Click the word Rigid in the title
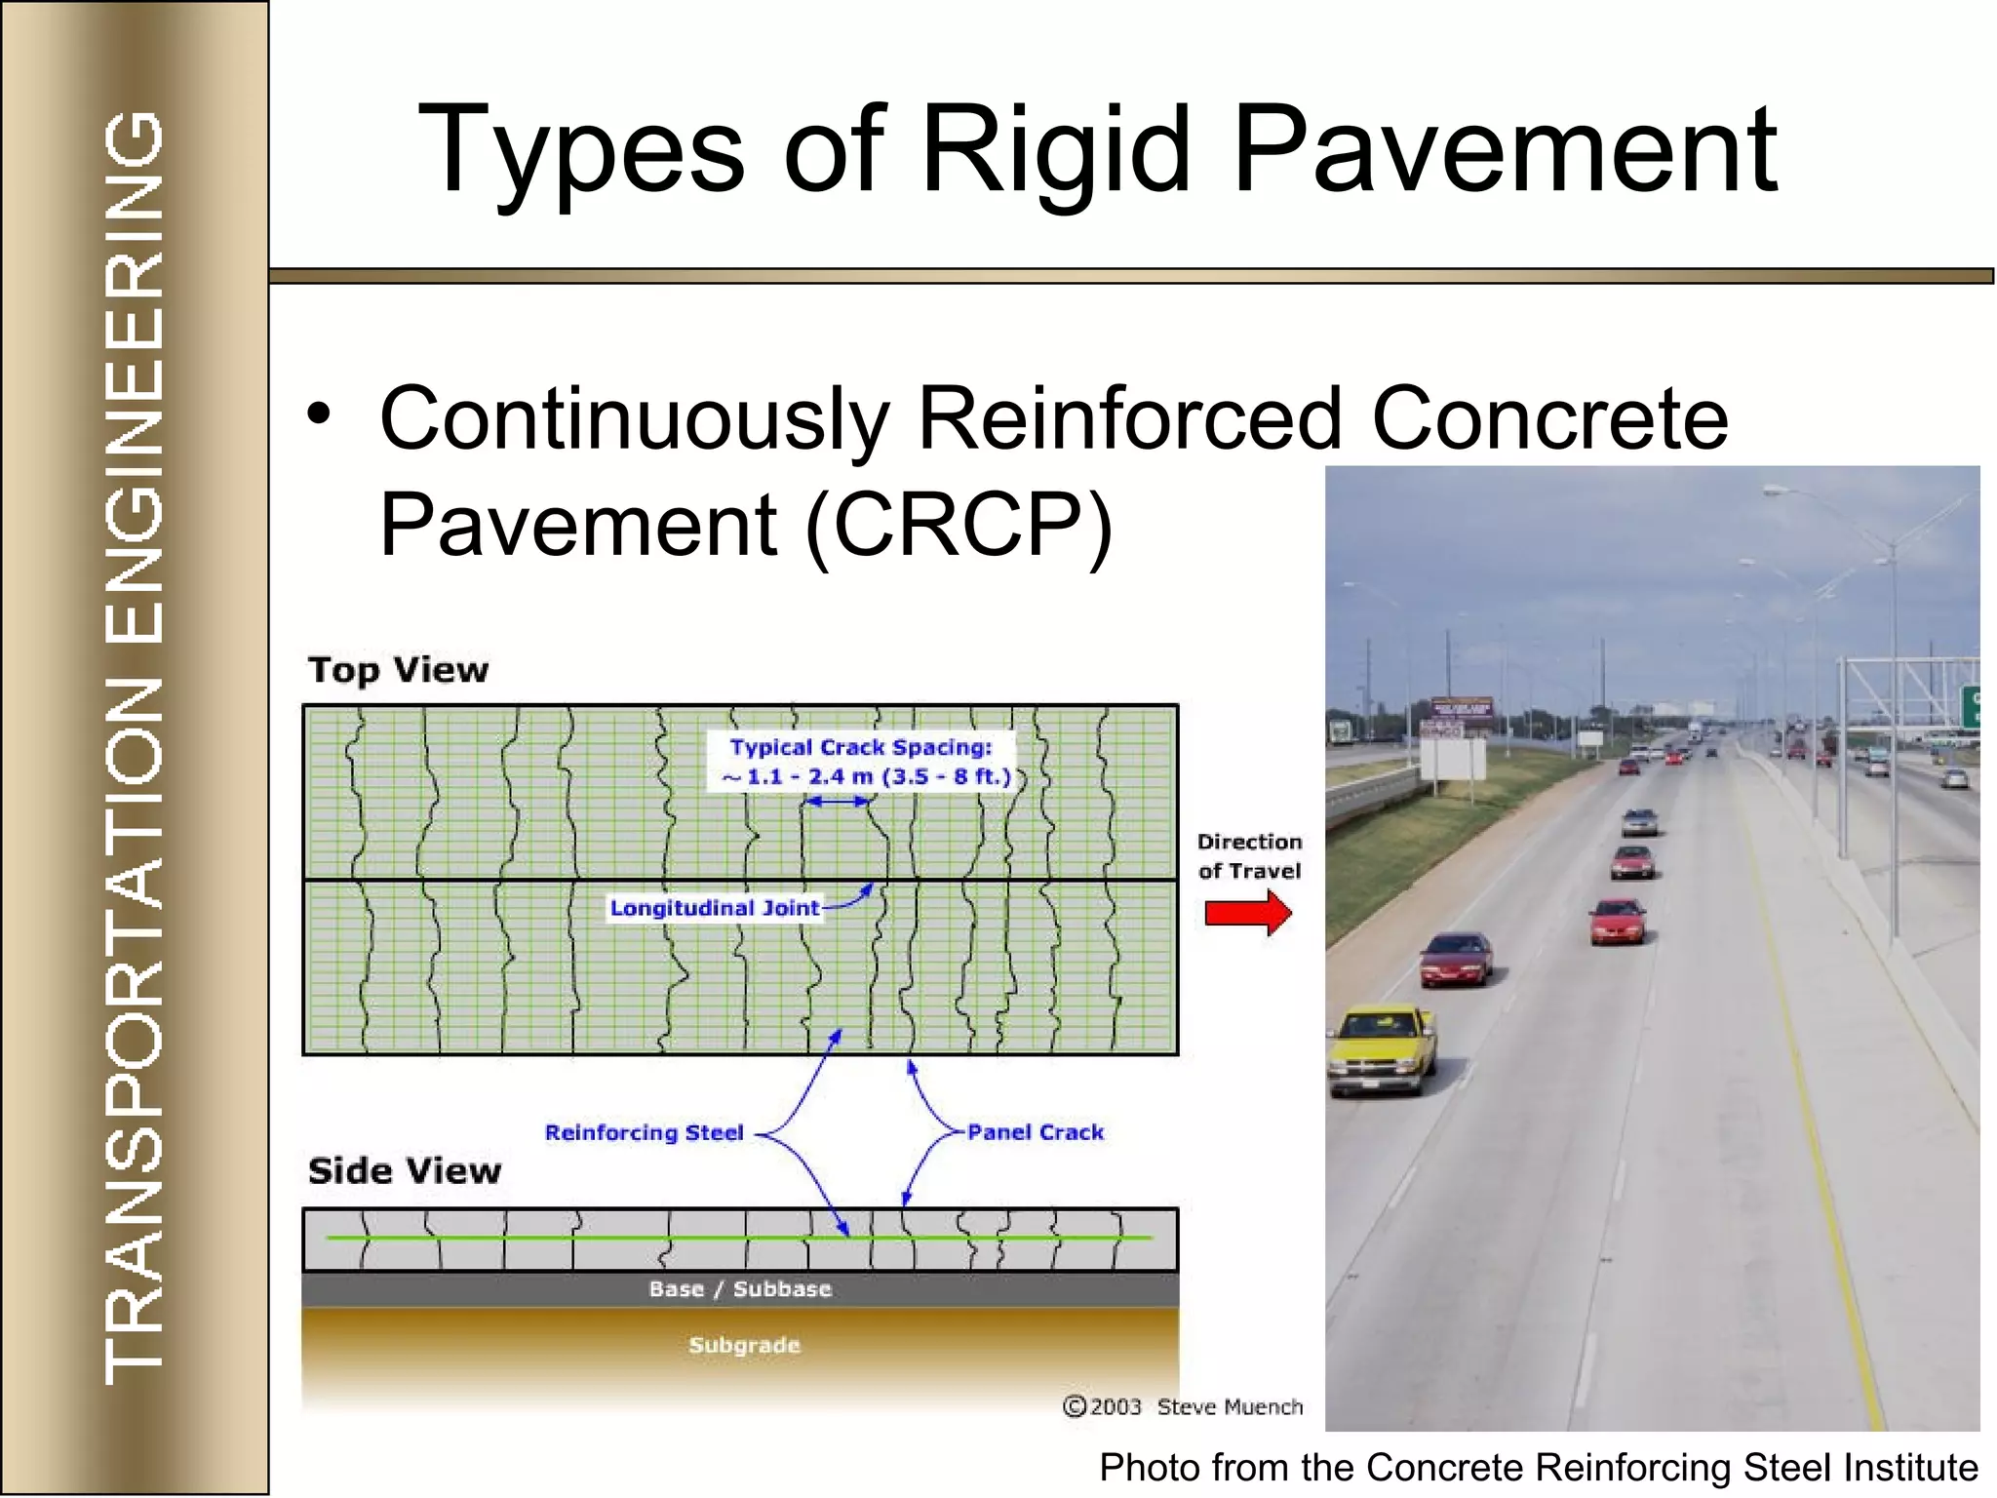point(1055,151)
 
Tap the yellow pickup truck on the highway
point(1383,1048)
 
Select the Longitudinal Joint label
point(715,908)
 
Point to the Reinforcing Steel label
point(644,1132)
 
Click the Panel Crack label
point(1036,1132)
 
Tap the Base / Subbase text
point(740,1289)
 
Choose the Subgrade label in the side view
point(744,1345)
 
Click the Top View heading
point(398,670)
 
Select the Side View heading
point(405,1170)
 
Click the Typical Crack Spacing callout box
point(862,762)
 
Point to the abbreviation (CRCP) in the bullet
point(959,525)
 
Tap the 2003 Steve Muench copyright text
point(1183,1406)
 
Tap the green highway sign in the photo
point(1969,705)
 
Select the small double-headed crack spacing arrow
point(837,802)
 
